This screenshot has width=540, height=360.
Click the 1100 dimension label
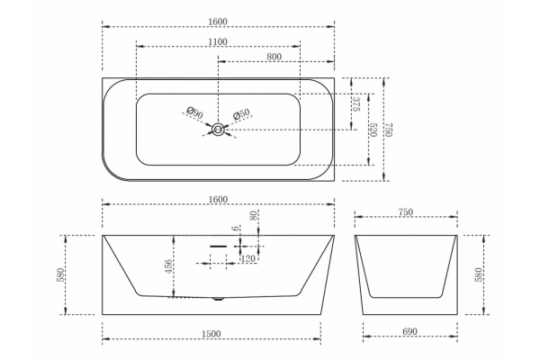point(218,41)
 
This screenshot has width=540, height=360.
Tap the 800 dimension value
point(274,57)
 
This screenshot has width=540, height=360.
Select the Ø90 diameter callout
point(195,112)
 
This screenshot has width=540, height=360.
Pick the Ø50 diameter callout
point(240,114)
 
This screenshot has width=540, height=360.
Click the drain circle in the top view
point(218,130)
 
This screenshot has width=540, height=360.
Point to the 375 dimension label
point(356,104)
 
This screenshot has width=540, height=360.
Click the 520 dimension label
point(373,130)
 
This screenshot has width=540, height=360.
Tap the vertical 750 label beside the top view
point(389,130)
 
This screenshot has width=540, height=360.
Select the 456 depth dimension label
point(169,266)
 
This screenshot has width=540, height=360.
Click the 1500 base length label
point(211,334)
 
